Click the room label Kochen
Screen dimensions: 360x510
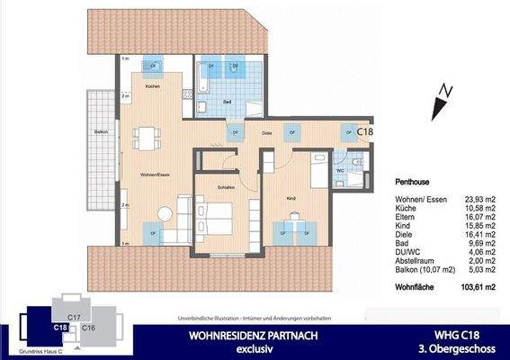152,85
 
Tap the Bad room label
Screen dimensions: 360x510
228,103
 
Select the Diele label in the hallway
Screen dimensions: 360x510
266,133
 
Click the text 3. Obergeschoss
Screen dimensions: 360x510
466,347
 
